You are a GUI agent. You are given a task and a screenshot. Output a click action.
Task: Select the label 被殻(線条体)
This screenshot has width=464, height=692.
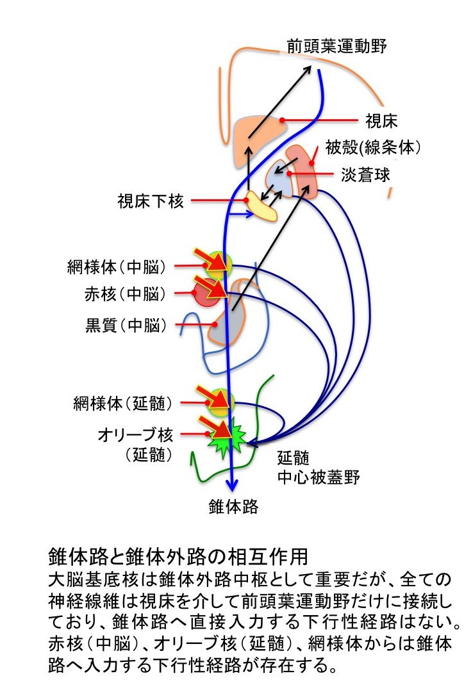pos(372,148)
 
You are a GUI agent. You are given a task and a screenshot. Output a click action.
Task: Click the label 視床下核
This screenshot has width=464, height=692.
pos(151,202)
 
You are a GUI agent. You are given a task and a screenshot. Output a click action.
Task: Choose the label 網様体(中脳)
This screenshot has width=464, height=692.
pos(117,265)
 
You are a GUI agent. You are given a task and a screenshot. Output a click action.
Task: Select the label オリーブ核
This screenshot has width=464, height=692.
pos(135,436)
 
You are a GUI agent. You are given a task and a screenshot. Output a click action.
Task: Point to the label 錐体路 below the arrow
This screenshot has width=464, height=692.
pos(234,507)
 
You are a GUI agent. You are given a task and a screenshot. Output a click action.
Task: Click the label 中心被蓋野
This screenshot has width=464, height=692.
pos(319,477)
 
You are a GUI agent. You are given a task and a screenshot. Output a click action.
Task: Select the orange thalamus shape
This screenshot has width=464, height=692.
pos(255,136)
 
